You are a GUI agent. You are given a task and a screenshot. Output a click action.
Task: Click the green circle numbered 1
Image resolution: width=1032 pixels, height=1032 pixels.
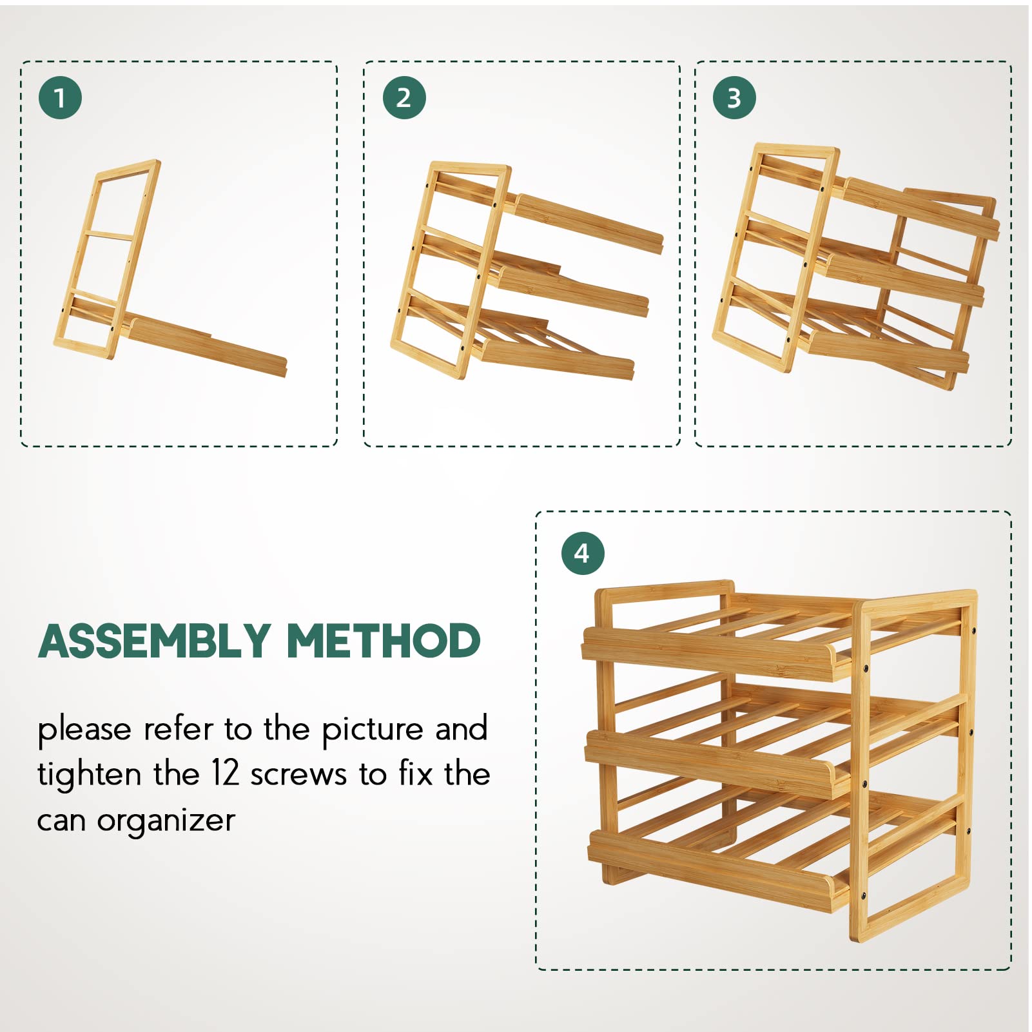pos(60,98)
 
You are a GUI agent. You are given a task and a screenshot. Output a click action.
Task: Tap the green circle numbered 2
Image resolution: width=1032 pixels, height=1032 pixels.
pos(404,98)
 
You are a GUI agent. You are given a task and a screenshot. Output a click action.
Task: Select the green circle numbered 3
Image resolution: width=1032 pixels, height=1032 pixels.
pos(734,98)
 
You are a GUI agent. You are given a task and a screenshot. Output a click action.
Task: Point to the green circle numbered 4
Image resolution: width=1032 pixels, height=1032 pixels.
pos(582,553)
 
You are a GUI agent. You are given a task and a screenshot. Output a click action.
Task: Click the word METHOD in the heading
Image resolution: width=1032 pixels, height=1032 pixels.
pos(384,641)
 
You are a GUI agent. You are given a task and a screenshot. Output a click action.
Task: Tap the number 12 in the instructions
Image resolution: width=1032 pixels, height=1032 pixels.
pos(226,773)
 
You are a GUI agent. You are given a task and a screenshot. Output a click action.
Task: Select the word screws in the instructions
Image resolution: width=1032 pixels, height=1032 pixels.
pos(298,775)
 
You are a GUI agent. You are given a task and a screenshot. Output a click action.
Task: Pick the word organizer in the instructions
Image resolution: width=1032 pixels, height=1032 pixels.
pos(166,821)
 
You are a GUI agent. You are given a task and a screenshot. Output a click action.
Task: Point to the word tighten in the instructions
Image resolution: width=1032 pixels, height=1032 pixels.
pos(89,774)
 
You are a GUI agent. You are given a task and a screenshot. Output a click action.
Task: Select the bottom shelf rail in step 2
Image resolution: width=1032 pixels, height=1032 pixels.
pos(554,358)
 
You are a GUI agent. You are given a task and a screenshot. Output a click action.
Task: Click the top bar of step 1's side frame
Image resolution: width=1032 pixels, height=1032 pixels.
pos(128,168)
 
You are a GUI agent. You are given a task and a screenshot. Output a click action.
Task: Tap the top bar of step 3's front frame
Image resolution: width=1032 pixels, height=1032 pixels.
pos(797,151)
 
